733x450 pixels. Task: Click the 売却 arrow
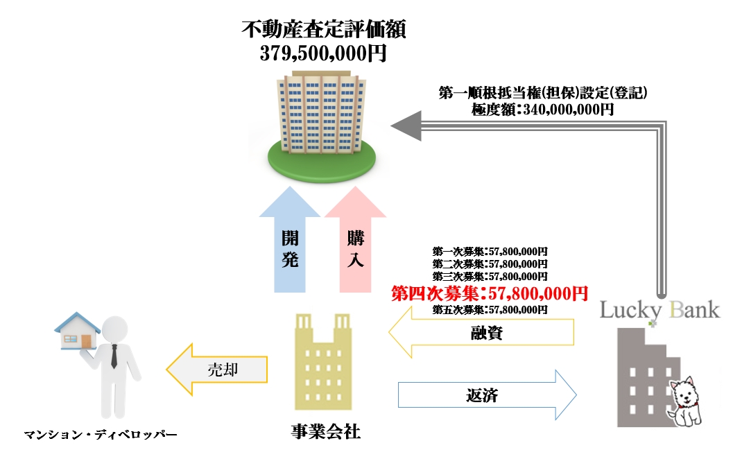coord(218,370)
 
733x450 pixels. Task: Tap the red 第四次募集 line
coord(490,293)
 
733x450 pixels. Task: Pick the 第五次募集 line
coord(490,309)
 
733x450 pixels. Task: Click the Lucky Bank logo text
coord(659,310)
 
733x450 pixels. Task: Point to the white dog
coord(687,401)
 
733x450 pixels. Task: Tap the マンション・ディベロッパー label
coord(101,435)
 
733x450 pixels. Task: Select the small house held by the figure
coord(78,331)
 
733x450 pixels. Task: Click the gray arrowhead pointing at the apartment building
coord(407,126)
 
